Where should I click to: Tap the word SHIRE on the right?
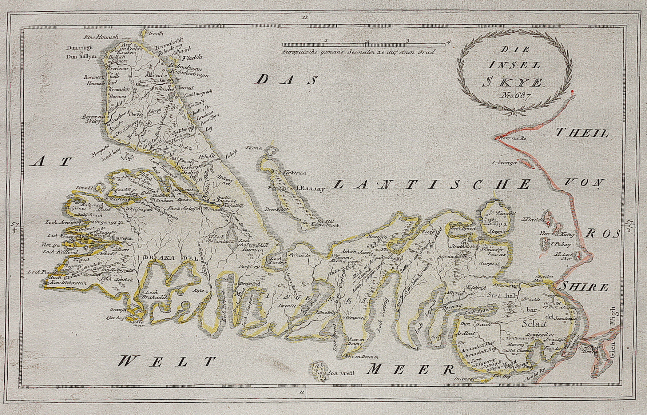click(x=584, y=287)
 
